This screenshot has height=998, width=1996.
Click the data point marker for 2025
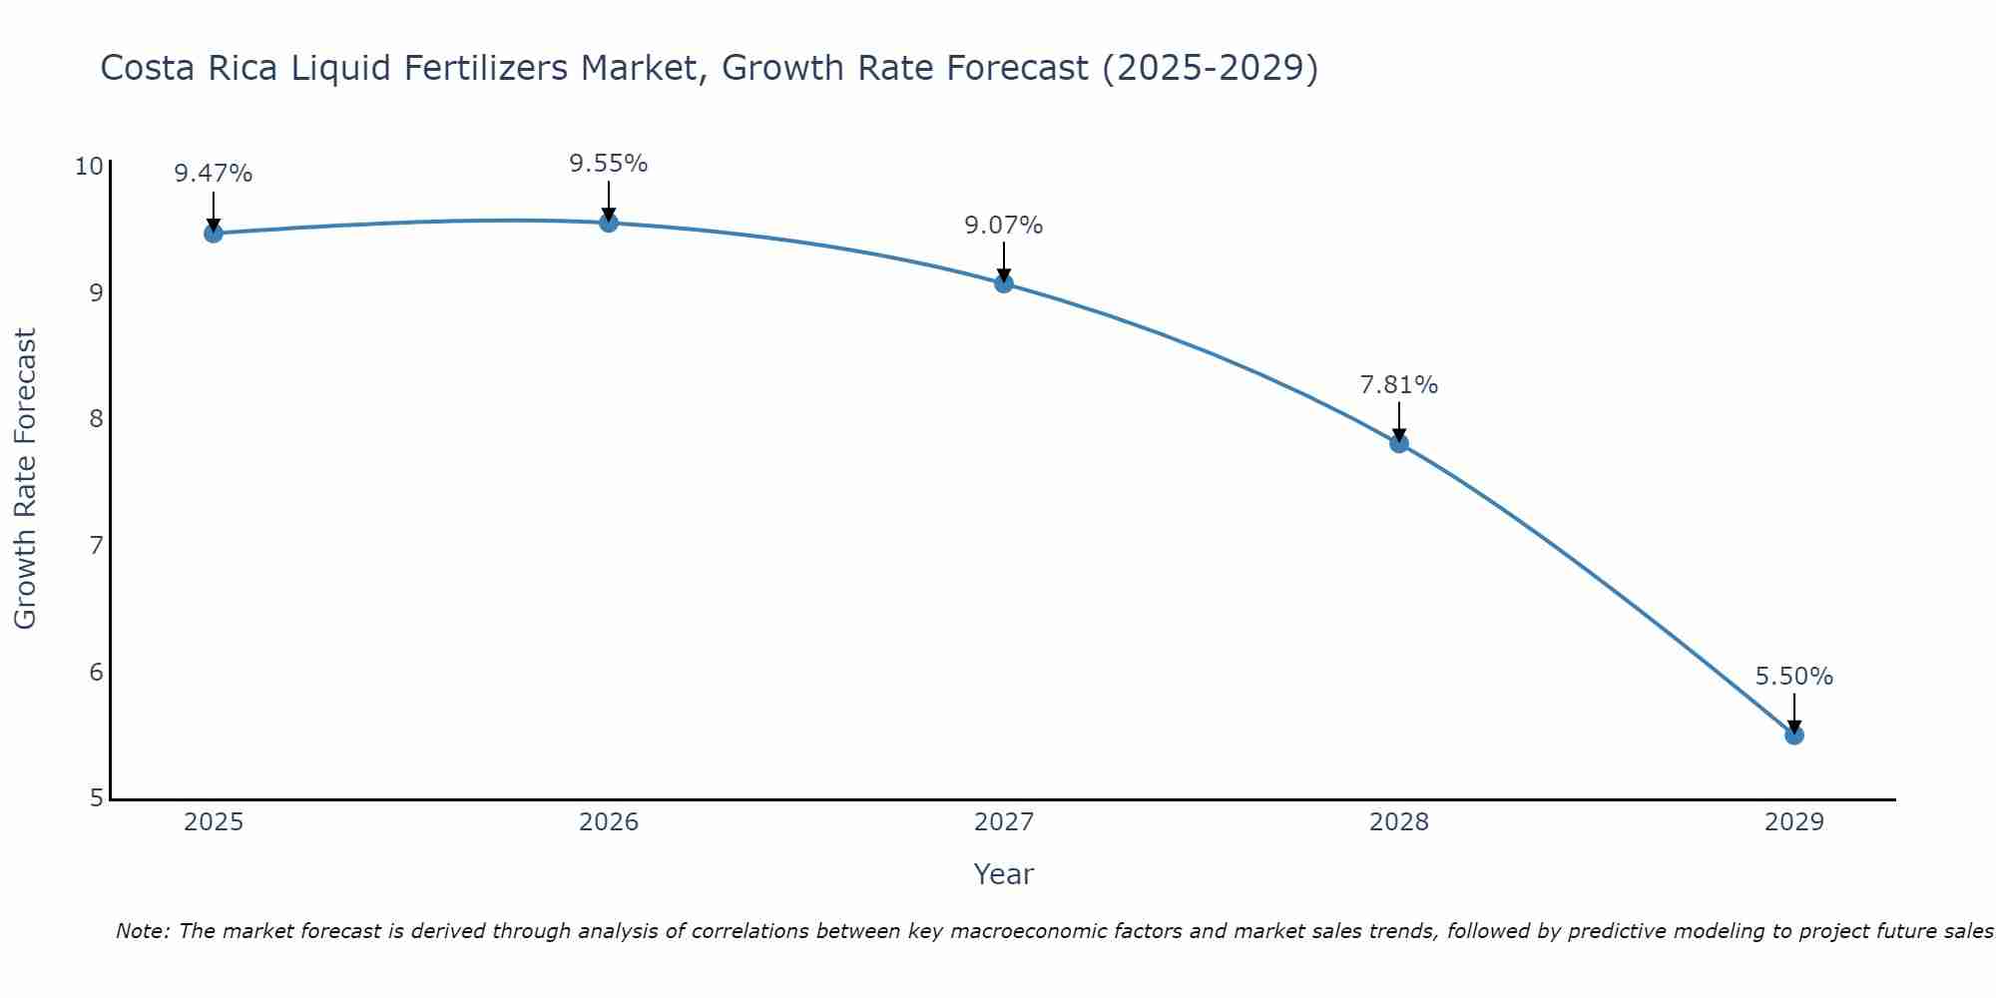click(214, 234)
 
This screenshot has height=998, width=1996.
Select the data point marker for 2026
click(609, 223)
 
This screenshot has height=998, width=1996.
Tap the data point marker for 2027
click(1004, 283)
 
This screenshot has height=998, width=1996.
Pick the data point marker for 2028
click(1399, 443)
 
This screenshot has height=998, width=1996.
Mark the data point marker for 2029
click(1794, 736)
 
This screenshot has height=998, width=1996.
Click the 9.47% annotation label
click(214, 174)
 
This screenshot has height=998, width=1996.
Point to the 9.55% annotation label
click(609, 164)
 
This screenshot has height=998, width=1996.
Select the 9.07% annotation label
click(1004, 226)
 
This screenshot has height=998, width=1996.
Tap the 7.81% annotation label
click(1399, 385)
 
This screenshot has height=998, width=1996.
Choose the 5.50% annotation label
click(1794, 677)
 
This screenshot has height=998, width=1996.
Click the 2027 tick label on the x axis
click(1004, 822)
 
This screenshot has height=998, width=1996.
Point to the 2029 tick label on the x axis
click(1794, 822)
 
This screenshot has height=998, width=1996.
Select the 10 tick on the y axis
click(90, 166)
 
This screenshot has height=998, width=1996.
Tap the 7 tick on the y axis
click(97, 546)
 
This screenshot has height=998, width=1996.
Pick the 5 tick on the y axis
click(97, 798)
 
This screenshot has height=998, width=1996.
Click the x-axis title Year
click(1004, 874)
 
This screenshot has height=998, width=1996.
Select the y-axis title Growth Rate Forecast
click(26, 479)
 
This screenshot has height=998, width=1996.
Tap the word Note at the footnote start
click(143, 931)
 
